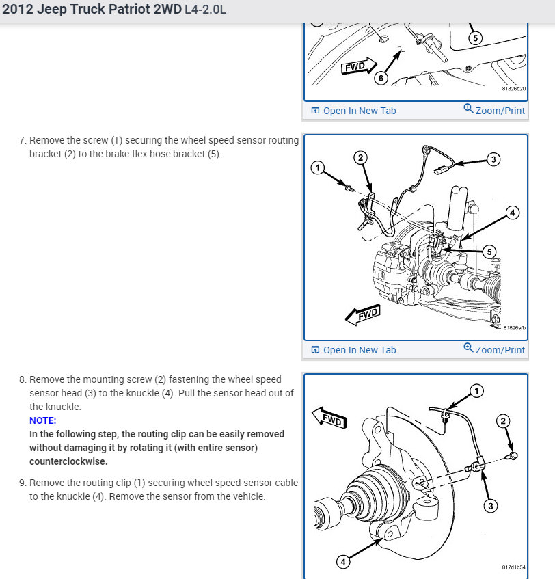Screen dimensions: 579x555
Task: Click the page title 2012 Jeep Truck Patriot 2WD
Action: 92,11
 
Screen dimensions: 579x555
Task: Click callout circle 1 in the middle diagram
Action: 316,167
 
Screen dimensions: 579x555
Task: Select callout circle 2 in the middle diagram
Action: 360,158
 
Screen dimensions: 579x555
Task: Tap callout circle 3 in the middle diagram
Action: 493,159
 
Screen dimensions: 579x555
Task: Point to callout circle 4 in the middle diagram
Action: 512,213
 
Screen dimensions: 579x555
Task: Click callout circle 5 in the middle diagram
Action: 489,252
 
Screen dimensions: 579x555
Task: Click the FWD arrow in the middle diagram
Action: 362,315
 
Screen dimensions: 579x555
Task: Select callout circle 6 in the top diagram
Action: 381,78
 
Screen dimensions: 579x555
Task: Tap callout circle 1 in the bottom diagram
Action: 476,391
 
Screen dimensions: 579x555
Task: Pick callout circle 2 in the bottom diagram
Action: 504,421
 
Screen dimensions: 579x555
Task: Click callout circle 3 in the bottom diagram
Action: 491,506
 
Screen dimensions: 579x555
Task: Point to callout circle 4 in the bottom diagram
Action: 344,562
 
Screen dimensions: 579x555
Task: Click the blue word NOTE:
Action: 43,420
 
